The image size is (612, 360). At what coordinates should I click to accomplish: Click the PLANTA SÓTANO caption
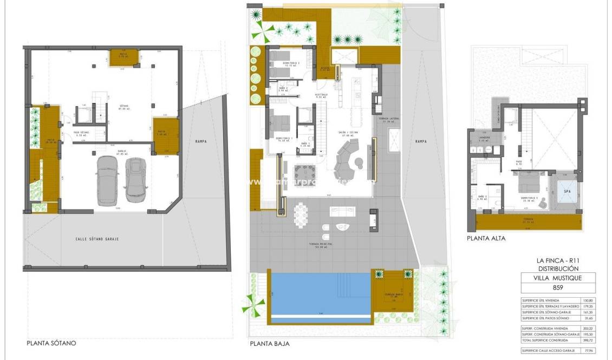(51, 343)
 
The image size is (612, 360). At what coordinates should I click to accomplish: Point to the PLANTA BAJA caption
(269, 344)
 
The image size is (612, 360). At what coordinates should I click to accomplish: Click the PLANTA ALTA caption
(486, 238)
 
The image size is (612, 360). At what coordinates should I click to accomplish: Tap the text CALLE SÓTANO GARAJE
(97, 239)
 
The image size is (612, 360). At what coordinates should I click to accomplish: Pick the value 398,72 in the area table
(587, 340)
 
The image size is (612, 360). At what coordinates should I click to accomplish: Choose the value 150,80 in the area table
(587, 300)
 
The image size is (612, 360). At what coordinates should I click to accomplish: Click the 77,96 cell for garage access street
(587, 351)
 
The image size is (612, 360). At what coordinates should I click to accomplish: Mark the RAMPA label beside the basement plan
(201, 142)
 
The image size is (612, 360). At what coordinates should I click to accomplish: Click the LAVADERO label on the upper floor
(484, 138)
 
